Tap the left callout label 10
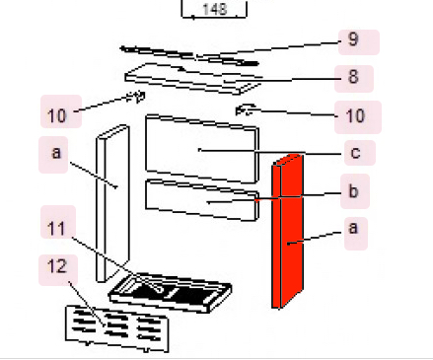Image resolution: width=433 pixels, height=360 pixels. (x=58, y=115)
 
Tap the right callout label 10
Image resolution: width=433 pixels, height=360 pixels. (x=355, y=115)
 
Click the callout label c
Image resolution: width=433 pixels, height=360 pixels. (x=354, y=153)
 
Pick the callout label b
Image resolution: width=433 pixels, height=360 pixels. (x=354, y=190)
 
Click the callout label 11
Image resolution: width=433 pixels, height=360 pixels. (x=58, y=227)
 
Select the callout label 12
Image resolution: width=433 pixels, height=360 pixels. (x=58, y=266)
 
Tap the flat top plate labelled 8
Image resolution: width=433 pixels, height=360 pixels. (x=192, y=77)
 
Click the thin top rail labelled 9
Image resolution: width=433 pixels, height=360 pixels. (x=187, y=54)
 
